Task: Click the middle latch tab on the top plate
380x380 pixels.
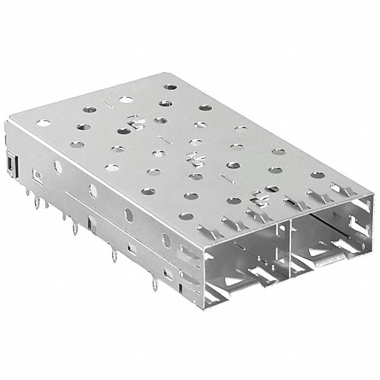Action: tap(194, 157)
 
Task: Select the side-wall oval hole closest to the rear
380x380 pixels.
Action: tap(58, 167)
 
